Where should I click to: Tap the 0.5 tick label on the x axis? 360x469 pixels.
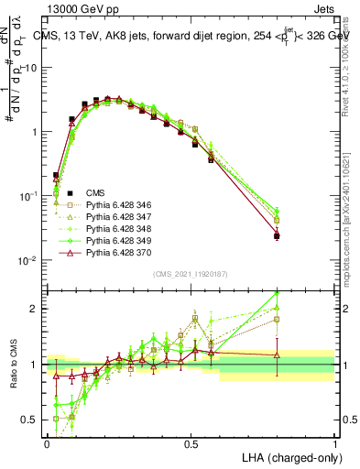pyautogui.click(x=191, y=443)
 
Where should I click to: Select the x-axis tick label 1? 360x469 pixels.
pyautogui.click(x=335, y=443)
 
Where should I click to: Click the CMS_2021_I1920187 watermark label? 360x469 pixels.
pyautogui.click(x=191, y=274)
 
